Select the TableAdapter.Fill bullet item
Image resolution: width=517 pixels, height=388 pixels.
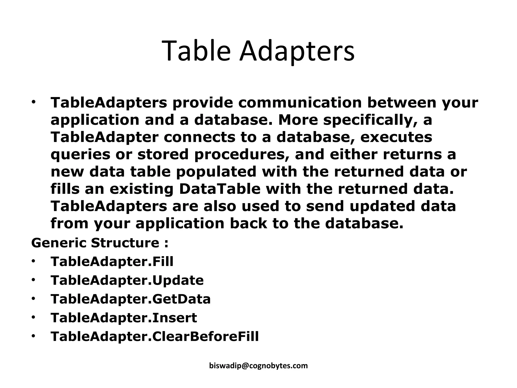coord(112,261)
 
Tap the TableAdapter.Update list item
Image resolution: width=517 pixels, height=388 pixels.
coord(127,280)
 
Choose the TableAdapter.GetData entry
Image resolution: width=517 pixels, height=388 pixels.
coord(131,299)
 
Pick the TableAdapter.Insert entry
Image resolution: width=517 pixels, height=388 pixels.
coord(124,318)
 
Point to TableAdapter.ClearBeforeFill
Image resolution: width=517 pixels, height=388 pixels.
coord(154,336)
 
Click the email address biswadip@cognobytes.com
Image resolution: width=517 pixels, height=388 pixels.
coord(258,366)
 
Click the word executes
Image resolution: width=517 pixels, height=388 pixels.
coord(396,137)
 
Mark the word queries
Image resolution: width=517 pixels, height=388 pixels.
coord(81,155)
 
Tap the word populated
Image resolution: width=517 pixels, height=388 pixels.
coord(216,172)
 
